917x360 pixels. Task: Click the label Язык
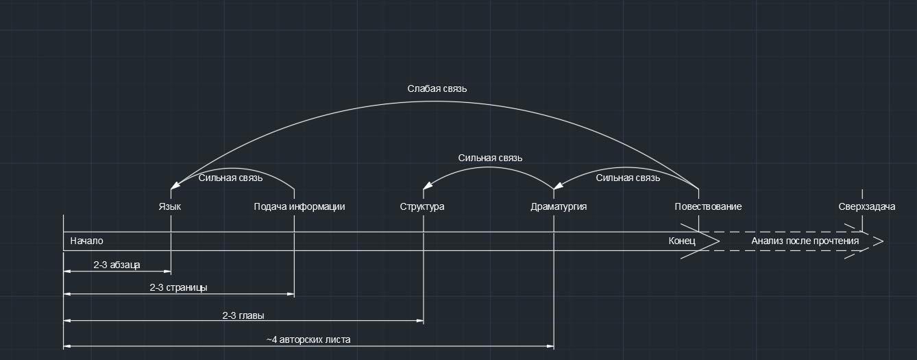[x=170, y=206]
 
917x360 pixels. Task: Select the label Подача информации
[x=299, y=206]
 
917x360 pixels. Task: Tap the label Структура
[x=422, y=206]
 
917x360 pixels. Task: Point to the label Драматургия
[x=559, y=206]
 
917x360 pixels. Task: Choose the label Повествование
[x=708, y=206]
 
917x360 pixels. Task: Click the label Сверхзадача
[x=866, y=206]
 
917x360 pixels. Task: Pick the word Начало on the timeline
[x=86, y=241]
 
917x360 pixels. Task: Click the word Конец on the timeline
[x=682, y=241]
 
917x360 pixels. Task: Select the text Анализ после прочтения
[x=805, y=241]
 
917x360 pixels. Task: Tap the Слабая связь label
[x=437, y=88]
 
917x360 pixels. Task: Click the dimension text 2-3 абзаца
[x=117, y=264]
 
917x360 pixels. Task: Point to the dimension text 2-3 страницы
[x=178, y=287]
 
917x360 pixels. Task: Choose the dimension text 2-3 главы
[x=243, y=315]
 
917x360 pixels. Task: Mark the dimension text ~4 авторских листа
[x=308, y=339]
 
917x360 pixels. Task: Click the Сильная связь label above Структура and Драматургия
[x=490, y=158]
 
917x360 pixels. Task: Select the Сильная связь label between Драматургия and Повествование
[x=628, y=178]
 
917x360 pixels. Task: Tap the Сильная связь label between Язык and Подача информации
[x=230, y=178]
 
